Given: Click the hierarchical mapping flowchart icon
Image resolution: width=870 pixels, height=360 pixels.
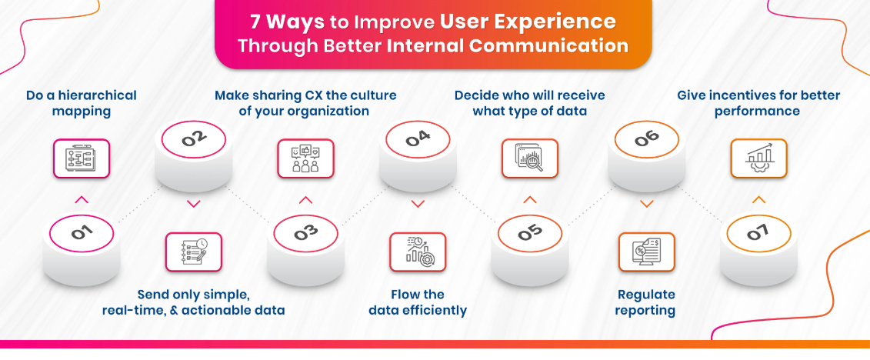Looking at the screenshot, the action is click(x=82, y=158).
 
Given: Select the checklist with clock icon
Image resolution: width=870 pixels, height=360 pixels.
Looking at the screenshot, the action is click(x=194, y=252).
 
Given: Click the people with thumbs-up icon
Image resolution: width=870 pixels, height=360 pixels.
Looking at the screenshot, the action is click(x=305, y=158).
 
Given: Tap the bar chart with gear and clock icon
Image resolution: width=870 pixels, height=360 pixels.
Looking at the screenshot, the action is click(x=418, y=252).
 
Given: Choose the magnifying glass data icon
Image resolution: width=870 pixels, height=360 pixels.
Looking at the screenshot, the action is click(x=530, y=158).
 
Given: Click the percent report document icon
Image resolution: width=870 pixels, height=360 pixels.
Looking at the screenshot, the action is click(x=646, y=252).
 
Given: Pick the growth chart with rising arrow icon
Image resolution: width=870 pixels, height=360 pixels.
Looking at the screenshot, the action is click(x=758, y=158).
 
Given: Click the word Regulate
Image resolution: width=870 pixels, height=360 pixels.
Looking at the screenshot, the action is click(x=646, y=295).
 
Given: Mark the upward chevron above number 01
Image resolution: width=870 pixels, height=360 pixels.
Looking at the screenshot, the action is click(x=82, y=200).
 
